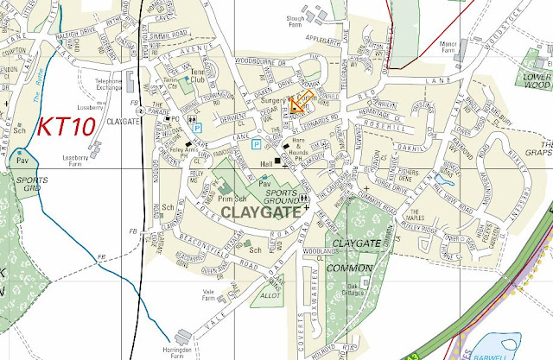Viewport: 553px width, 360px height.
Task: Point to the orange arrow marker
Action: click(298, 104)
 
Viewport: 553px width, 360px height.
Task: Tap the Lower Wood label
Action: click(537, 81)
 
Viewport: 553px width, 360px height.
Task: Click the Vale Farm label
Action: click(208, 294)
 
